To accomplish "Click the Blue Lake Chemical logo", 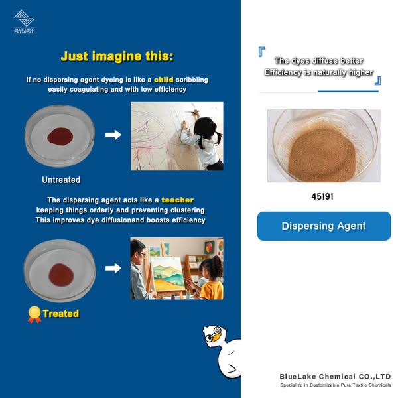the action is pos(24,22).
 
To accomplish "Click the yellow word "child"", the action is pos(164,80).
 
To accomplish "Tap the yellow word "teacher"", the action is pos(178,200).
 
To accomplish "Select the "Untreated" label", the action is pos(61,180).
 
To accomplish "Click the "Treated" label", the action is pos(61,314).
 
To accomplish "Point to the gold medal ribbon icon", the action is pos(34,314).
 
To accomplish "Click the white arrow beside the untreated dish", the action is pos(113,135).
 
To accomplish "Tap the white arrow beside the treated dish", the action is pos(113,268).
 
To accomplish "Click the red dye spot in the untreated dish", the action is pos(60,136).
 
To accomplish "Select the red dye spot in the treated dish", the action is pos(61,275).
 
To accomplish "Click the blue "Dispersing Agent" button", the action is pos(324,226).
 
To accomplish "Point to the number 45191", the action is pos(322,196).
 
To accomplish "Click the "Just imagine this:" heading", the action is pos(117,56).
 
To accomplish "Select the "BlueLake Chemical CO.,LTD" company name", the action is pos(335,377).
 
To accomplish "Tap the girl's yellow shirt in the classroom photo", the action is pos(212,291).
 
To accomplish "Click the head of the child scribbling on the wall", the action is pos(203,127).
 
